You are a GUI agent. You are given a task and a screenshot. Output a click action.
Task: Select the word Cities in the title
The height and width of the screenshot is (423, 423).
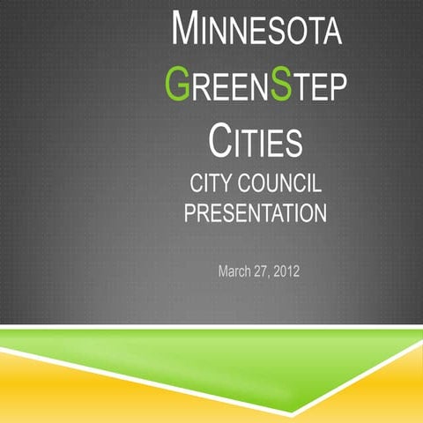click(x=256, y=141)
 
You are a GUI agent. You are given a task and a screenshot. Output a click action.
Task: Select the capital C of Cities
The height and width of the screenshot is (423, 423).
click(x=222, y=140)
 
